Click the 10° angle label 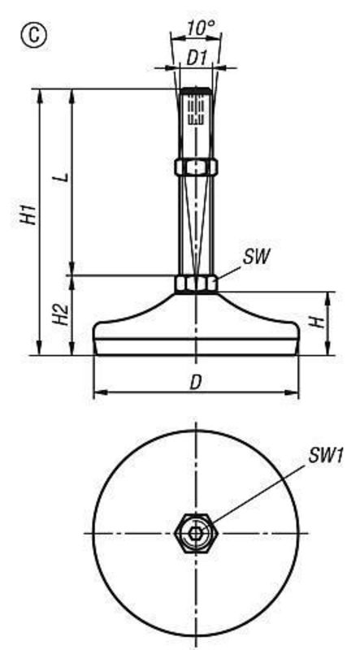199,28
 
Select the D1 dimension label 195,59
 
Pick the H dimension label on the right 320,323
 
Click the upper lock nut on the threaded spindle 195,167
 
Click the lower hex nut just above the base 195,284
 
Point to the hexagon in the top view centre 195,533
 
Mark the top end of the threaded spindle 195,89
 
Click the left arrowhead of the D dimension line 98,394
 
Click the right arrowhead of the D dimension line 293,394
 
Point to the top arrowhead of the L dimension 72,93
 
